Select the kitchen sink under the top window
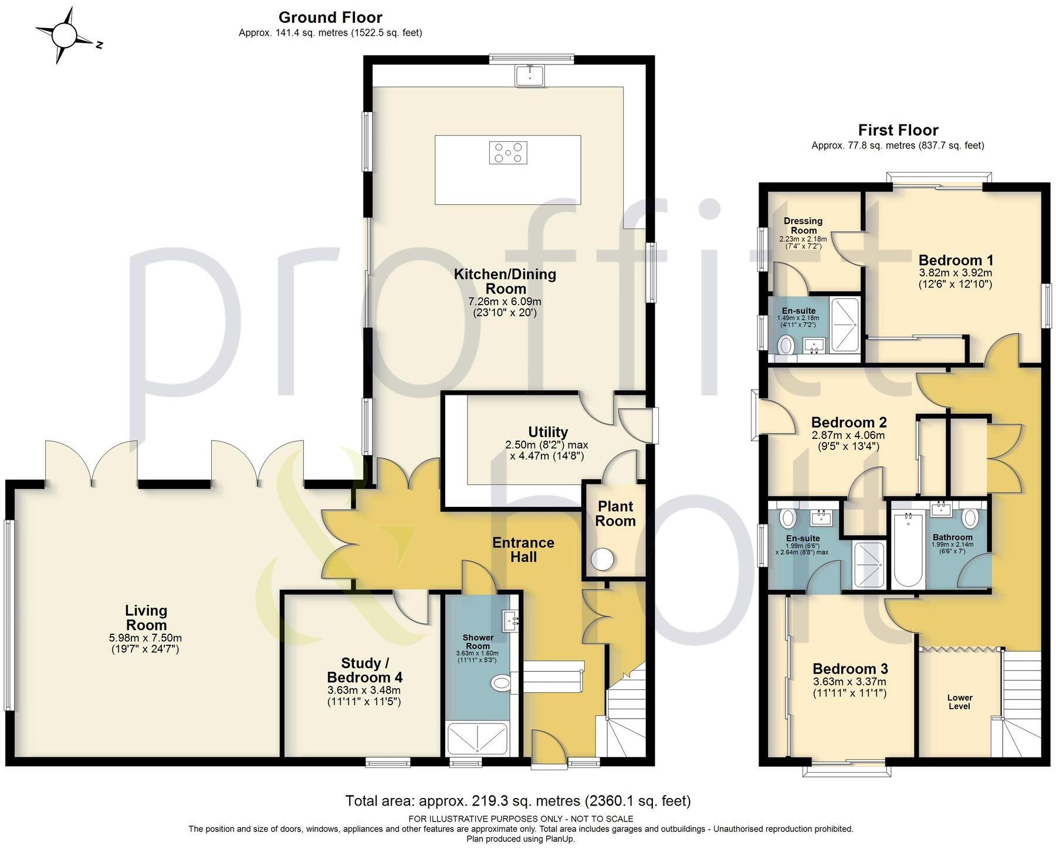click(530, 76)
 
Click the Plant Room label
click(615, 513)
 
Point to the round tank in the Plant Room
click(602, 559)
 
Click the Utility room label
click(547, 432)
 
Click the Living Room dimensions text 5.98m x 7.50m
click(146, 638)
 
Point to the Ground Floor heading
click(330, 17)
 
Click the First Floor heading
click(898, 130)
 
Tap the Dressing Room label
click(803, 225)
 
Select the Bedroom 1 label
click(955, 260)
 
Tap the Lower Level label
click(959, 702)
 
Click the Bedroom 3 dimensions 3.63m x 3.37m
click(849, 682)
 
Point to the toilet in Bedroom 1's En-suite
click(785, 345)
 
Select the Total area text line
click(517, 800)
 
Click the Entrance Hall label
click(523, 549)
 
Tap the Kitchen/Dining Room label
click(505, 281)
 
